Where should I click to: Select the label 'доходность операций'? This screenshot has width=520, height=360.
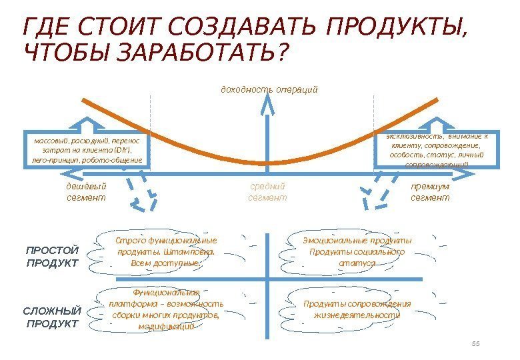pos(269,89)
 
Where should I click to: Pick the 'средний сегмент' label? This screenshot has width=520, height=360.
pos(267,192)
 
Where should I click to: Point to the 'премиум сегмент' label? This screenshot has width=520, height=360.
pos(430,192)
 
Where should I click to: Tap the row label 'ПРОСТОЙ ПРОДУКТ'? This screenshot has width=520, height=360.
pos(51,256)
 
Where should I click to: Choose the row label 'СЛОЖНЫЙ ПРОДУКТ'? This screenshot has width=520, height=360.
pos(51,317)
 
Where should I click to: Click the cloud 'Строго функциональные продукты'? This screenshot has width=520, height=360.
pos(166,252)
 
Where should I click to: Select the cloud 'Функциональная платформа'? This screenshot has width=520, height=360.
pos(166,309)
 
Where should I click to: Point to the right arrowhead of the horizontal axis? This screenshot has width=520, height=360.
pos(467,174)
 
